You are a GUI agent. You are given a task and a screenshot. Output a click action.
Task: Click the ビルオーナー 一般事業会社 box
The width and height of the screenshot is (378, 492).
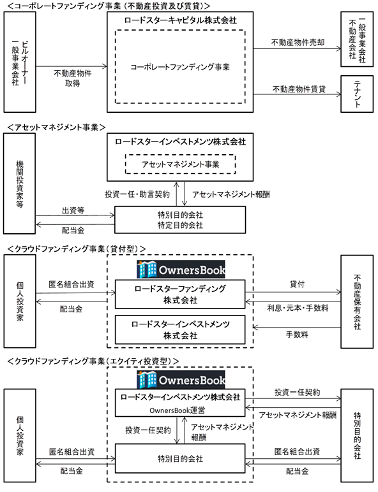click(x=20, y=62)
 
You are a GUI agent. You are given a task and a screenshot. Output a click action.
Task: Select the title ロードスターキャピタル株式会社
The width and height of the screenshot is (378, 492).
click(x=180, y=20)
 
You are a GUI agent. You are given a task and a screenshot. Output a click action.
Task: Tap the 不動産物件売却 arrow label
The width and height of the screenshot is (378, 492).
click(x=298, y=42)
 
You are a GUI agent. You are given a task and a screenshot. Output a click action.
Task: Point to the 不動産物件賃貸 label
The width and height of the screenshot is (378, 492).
click(x=299, y=89)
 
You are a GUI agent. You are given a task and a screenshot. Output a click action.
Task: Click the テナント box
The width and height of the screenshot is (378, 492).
click(x=357, y=94)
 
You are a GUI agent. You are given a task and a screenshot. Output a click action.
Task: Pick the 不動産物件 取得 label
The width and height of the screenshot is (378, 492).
click(x=72, y=78)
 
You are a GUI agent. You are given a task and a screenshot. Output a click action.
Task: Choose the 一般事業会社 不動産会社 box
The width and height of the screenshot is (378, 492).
click(x=357, y=40)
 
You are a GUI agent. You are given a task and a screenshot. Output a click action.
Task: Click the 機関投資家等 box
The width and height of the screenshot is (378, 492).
click(x=20, y=184)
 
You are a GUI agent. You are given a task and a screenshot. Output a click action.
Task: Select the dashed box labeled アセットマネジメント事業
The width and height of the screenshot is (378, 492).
click(x=180, y=164)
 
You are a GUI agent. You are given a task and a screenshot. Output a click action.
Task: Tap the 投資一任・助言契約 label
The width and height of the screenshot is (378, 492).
click(x=137, y=194)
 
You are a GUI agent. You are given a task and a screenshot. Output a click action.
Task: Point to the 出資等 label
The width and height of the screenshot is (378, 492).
click(x=73, y=210)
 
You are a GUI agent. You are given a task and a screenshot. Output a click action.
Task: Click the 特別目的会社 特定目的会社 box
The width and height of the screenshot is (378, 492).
click(x=180, y=220)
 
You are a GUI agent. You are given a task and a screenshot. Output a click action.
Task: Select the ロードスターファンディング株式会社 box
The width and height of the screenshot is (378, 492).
click(x=180, y=294)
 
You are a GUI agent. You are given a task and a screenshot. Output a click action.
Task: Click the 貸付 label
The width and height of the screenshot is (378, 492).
click(x=297, y=284)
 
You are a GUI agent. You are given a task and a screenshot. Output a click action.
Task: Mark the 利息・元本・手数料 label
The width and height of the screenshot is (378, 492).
click(x=298, y=308)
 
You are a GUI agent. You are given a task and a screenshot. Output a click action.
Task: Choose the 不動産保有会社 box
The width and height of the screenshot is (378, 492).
click(x=357, y=301)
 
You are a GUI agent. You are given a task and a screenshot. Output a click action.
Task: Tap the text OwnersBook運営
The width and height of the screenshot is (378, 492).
click(x=177, y=410)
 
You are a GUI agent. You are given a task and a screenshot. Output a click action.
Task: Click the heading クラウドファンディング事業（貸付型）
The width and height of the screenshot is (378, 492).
click(x=77, y=249)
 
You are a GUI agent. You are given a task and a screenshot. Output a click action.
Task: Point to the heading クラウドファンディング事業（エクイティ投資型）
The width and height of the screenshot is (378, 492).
click(x=93, y=361)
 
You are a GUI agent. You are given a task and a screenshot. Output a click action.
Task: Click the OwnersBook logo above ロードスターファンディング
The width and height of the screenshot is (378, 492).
click(x=181, y=270)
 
